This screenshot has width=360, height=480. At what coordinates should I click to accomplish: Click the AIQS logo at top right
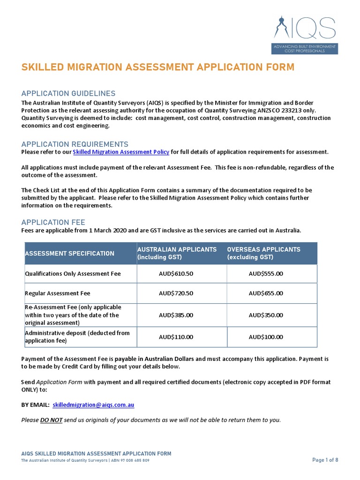[x=305, y=35]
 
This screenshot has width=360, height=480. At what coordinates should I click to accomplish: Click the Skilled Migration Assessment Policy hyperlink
[x=121, y=152]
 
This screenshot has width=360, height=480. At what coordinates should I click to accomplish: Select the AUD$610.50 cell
[x=176, y=274]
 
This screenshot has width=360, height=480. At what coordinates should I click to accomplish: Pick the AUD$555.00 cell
[x=266, y=274]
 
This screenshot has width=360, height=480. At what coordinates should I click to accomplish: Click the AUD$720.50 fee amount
[x=176, y=293]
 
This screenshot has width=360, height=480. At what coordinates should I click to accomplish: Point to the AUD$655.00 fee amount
[x=266, y=293]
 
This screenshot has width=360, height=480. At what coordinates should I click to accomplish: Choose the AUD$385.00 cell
[x=176, y=315]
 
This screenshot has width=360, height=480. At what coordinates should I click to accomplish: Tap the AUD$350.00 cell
[x=266, y=315]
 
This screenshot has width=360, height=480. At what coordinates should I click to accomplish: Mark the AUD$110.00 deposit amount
[x=176, y=337]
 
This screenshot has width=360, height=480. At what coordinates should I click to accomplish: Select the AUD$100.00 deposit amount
[x=266, y=337]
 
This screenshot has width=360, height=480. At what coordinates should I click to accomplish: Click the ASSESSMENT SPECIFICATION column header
[x=69, y=254]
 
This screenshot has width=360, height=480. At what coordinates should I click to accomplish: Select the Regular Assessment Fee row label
[x=57, y=293]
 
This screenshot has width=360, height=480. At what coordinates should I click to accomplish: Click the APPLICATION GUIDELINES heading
[x=68, y=94]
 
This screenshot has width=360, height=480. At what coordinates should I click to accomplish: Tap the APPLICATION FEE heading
[x=53, y=222]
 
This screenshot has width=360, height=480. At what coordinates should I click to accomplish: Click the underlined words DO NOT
[x=51, y=420]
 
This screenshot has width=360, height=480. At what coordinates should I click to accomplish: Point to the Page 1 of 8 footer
[x=325, y=460]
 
